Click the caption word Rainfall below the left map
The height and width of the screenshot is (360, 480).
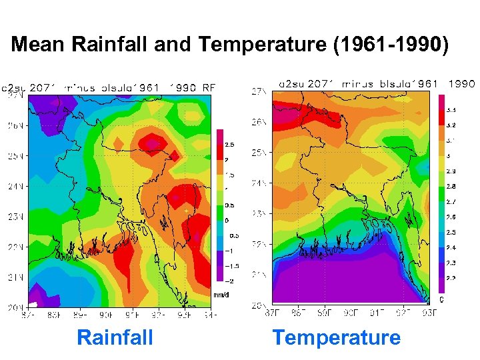pos(115,337)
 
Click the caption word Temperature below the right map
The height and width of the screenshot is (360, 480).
pos(336,337)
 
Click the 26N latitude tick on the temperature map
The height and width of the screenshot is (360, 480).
pos(259,122)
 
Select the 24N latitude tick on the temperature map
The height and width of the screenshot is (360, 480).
pos(259,183)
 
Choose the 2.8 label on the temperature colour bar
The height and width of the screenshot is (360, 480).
pos(451,187)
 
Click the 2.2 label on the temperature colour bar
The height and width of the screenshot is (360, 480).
pos(451,278)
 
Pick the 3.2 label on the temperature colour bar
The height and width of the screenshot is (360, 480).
pos(451,125)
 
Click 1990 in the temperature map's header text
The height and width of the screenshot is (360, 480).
pos(461,84)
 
